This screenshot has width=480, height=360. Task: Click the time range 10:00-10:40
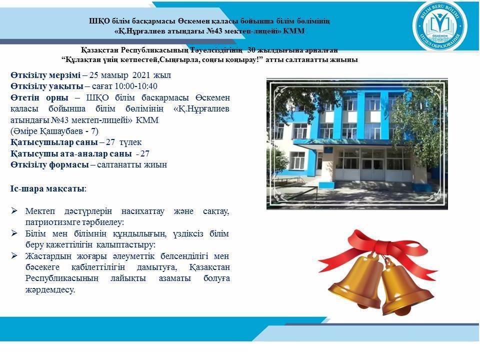(x=135, y=86)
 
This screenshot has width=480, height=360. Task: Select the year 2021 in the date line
(x=141, y=75)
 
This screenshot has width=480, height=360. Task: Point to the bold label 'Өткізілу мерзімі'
(x=45, y=75)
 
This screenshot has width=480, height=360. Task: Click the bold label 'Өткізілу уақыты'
(x=47, y=86)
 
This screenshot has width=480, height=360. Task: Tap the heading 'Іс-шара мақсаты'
(x=47, y=188)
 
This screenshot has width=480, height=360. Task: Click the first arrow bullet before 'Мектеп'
(x=14, y=210)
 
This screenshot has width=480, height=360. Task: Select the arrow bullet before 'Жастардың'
(x=14, y=255)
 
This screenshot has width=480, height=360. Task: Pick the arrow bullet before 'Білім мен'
(x=14, y=233)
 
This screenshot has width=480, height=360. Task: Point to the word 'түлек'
(x=130, y=142)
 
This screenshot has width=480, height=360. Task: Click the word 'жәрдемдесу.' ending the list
(x=50, y=290)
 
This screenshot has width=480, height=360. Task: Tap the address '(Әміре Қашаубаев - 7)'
(x=54, y=131)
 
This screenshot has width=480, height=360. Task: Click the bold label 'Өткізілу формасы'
(x=49, y=165)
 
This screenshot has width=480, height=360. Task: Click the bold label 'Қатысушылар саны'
(x=54, y=142)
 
